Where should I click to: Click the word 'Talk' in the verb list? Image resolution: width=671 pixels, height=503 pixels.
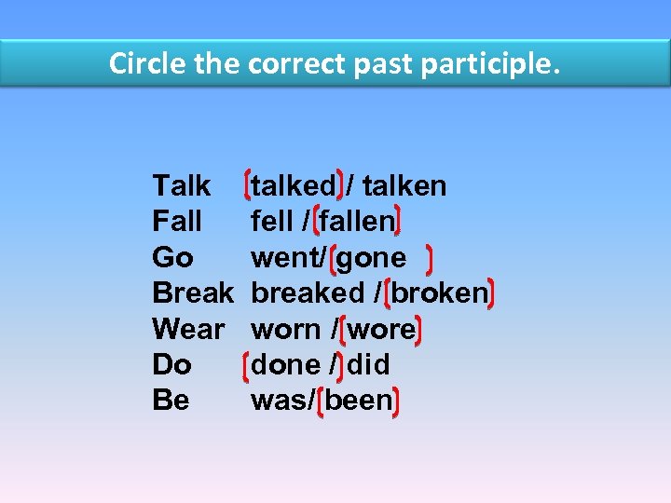181,186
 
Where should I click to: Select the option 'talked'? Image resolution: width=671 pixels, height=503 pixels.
294,186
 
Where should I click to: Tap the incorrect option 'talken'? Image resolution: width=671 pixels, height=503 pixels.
404,186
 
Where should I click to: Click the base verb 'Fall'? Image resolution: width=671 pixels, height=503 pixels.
177,222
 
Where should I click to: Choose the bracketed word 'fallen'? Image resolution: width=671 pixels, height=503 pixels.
357,222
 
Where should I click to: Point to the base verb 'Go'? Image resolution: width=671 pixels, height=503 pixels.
172,258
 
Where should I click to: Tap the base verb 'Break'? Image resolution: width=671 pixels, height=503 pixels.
193,293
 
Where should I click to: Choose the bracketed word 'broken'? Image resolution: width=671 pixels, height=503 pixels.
440,293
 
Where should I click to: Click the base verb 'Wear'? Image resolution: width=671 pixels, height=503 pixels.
188,330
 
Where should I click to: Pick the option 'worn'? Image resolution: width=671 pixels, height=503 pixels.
284,330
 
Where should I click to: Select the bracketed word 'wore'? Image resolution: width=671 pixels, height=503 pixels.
382,330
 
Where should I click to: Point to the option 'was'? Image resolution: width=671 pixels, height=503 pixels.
281,401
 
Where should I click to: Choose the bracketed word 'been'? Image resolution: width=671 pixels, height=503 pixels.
359,401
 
